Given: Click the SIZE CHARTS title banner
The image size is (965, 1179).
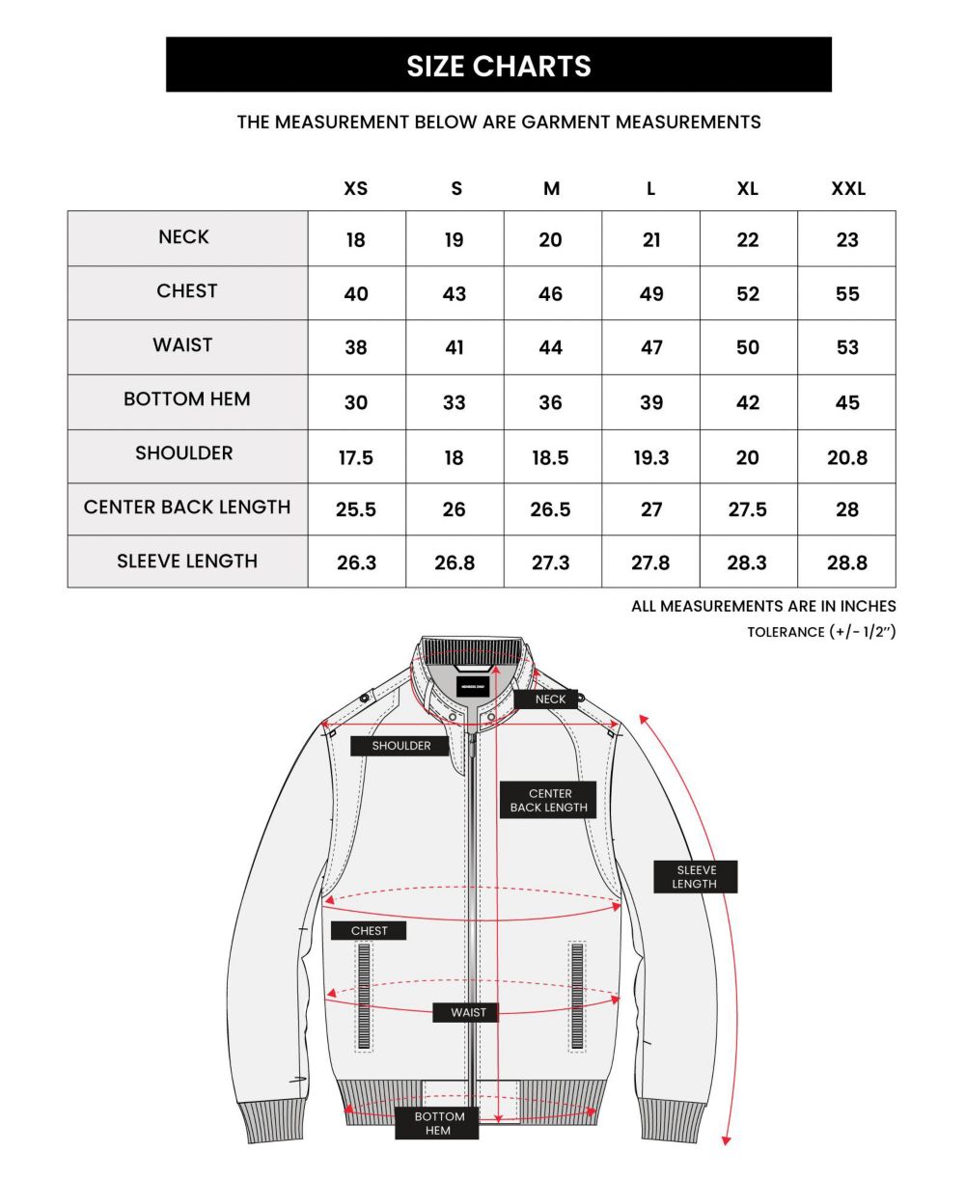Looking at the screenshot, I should [x=498, y=66].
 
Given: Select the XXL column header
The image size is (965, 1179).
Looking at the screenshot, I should [x=847, y=188].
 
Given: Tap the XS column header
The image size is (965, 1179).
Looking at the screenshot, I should [x=356, y=188].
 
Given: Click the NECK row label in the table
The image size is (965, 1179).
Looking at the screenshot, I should [x=183, y=237].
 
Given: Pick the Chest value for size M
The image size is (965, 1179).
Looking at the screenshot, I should [x=550, y=293].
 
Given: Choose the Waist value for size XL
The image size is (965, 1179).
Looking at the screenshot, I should [x=748, y=347].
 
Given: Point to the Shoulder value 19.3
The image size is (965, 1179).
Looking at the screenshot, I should [x=651, y=457].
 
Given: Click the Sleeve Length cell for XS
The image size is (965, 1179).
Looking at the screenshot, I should [x=356, y=562].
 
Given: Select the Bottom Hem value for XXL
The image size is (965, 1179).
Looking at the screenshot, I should [x=847, y=402].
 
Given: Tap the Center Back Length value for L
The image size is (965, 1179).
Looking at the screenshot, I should [x=651, y=509].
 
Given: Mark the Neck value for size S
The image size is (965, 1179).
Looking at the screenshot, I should [x=455, y=239].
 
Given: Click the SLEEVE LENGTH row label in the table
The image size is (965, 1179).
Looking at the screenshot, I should [x=187, y=562].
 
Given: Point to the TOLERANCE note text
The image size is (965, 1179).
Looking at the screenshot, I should [x=821, y=632].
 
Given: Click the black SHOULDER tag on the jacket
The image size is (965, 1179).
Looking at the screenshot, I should [x=401, y=746].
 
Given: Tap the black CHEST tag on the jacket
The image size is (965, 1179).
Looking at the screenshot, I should [x=369, y=931].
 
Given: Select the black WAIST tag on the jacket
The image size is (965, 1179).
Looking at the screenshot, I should [x=468, y=1012].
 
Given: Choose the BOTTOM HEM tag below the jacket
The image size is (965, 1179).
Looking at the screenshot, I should [x=438, y=1123].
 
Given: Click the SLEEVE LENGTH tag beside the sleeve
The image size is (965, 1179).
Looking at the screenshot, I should [x=695, y=877].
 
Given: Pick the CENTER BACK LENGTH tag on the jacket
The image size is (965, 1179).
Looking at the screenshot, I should [x=548, y=801].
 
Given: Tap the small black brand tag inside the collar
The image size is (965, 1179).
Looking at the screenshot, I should [x=473, y=685].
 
